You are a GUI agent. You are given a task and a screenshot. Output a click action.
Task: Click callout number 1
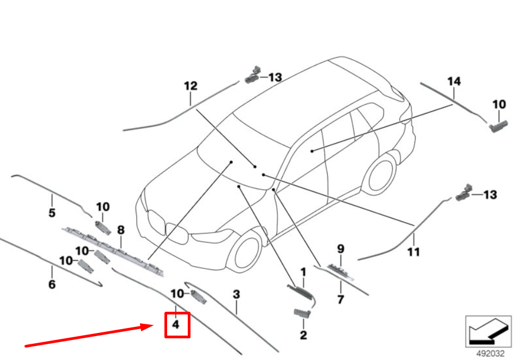303,271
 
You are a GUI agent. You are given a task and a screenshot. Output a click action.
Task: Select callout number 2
303,335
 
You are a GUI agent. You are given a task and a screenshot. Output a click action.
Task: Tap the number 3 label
236,295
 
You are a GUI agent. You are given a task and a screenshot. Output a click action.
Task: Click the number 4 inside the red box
175,325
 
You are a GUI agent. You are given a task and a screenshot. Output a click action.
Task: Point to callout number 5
52,213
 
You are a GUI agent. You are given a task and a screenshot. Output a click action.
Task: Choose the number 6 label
52,284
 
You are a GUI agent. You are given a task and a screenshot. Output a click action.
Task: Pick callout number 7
341,299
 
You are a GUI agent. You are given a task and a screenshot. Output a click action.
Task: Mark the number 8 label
120,230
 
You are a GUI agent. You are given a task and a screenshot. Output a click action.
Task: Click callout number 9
341,249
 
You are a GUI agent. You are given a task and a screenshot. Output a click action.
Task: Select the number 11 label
414,252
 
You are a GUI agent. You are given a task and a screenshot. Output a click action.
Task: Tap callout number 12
190,86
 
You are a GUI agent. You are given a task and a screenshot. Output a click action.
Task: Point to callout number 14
454,81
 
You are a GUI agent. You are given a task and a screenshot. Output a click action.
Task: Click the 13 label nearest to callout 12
275,78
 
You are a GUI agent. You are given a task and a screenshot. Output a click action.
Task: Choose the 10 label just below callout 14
499,104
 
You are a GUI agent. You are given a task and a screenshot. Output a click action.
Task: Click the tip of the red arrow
154,325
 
